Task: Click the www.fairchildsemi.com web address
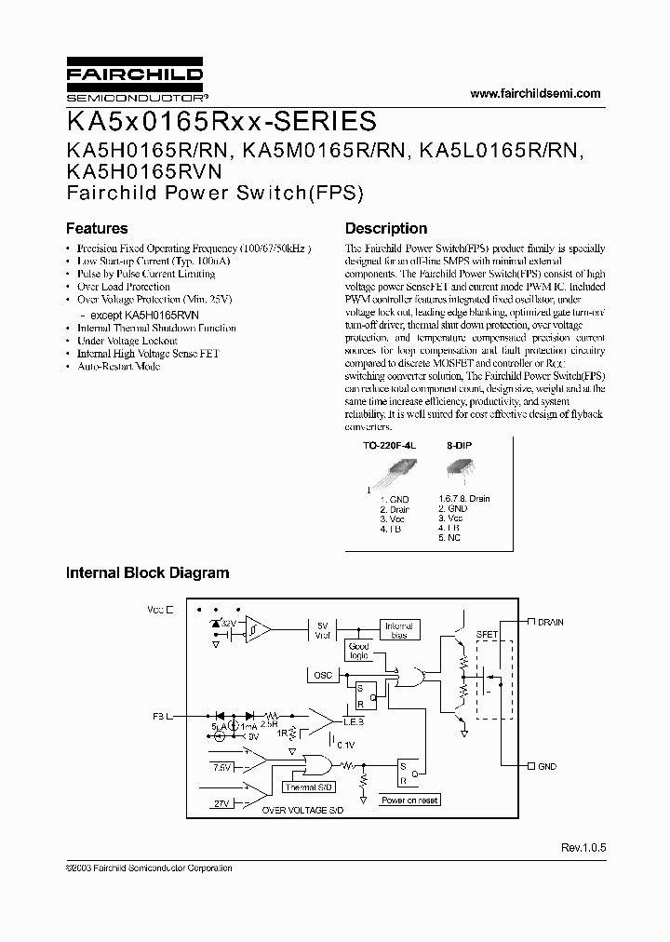tap(536, 93)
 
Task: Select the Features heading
tap(97, 228)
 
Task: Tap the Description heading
tap(386, 228)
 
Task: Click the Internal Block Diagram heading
tap(147, 573)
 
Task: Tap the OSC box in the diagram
tap(323, 675)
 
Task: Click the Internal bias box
tap(397, 630)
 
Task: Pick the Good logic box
tap(358, 651)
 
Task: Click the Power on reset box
tap(409, 800)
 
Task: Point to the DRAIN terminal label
tap(550, 621)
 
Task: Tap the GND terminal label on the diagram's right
tap(546, 766)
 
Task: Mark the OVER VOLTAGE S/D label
tap(302, 811)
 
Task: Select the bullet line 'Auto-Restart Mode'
tap(118, 367)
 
